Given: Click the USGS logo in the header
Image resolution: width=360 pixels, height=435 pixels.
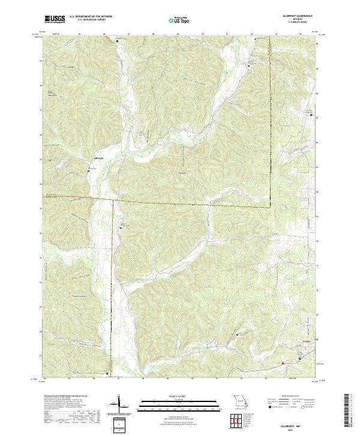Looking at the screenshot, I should tap(55, 19).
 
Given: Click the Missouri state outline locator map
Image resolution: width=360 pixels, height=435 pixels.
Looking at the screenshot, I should tap(240, 403).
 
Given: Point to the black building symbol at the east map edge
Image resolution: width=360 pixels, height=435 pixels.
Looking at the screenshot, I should tap(311, 116).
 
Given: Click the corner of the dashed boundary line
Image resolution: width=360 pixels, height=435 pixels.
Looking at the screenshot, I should tap(269, 207).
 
